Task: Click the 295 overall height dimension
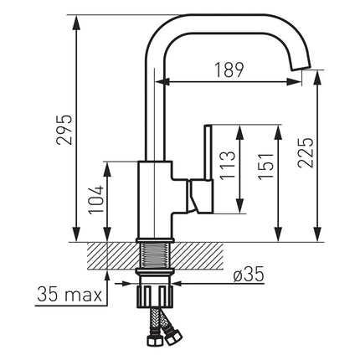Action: tap(64, 130)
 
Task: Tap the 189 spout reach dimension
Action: tap(229, 70)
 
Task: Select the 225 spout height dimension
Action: tap(306, 152)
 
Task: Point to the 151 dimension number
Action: tap(265, 167)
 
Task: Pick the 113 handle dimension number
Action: tap(228, 165)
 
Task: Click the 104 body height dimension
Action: tap(96, 200)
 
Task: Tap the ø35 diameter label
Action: tap(249, 274)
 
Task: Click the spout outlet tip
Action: tap(301, 66)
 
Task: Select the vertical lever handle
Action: tap(208, 153)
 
